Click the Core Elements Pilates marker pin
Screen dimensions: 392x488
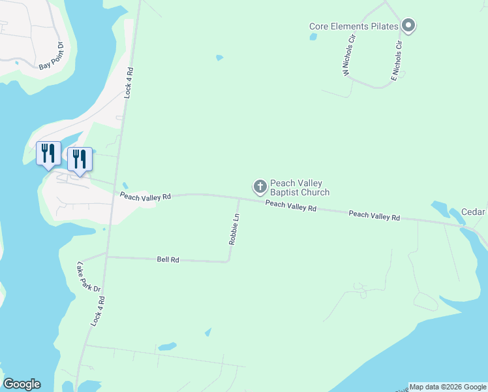click(409, 26)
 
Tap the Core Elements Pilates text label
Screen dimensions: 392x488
click(354, 27)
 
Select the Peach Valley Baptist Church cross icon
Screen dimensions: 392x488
click(260, 188)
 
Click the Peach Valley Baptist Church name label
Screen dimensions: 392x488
click(299, 188)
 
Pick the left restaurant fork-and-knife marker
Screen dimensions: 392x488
click(48, 154)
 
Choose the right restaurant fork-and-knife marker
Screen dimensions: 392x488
click(80, 160)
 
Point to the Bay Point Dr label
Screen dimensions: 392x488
click(51, 56)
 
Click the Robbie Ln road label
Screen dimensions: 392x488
click(234, 229)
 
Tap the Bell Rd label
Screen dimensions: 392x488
click(168, 259)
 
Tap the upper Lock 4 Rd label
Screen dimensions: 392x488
click(129, 82)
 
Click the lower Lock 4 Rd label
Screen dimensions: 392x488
click(98, 311)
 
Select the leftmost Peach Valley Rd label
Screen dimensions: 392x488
click(145, 195)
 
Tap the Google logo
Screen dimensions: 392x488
click(22, 384)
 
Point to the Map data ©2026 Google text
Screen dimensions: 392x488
click(448, 387)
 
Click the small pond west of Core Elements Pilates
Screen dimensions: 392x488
click(313, 37)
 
